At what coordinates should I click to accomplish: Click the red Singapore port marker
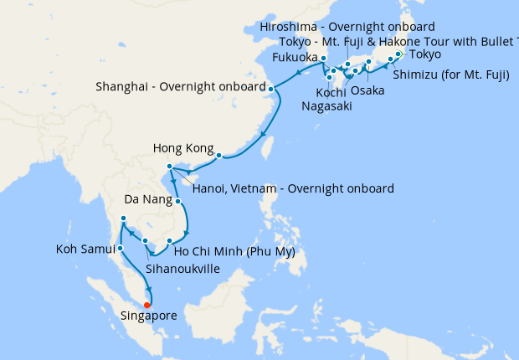(x=148, y=305)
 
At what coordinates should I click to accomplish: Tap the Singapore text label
(x=152, y=317)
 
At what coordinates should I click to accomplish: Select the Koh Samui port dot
(x=121, y=248)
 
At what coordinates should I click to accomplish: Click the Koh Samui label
(x=85, y=249)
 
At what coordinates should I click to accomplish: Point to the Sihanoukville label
(x=182, y=270)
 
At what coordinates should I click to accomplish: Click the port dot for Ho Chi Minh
(x=169, y=241)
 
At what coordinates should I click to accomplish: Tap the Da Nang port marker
(x=178, y=201)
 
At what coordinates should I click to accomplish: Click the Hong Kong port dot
(x=218, y=155)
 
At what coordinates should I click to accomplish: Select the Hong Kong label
(x=184, y=148)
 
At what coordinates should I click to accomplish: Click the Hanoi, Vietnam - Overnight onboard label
(x=292, y=189)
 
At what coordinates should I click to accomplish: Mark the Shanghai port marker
(x=270, y=87)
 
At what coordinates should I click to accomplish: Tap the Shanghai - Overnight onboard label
(x=180, y=85)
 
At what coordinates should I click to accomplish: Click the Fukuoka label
(x=295, y=58)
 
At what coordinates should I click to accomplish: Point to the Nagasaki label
(x=326, y=106)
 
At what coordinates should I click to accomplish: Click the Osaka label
(x=368, y=90)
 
